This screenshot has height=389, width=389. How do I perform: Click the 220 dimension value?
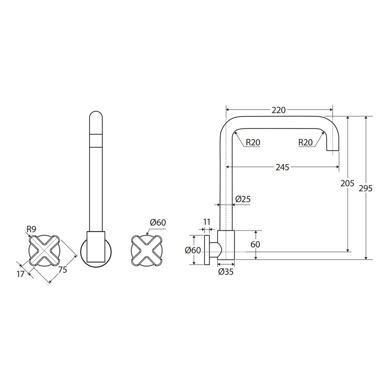278,110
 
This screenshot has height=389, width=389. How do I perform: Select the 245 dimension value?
282,167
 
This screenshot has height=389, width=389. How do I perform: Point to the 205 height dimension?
347,183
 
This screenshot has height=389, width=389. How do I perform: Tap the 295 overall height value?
366,188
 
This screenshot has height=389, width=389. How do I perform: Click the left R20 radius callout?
253,143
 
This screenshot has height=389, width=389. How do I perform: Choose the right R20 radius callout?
305,143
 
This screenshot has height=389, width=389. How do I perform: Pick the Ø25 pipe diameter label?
243,199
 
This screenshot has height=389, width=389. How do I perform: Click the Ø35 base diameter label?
226,272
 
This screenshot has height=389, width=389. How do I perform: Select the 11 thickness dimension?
207,222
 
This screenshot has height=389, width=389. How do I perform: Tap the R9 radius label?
31,229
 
